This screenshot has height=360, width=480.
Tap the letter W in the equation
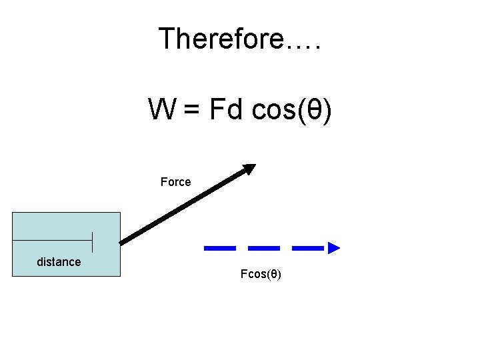click(x=162, y=109)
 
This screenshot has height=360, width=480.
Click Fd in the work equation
click(x=226, y=109)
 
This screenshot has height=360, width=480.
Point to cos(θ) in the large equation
click(x=291, y=110)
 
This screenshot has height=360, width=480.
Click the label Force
click(x=176, y=182)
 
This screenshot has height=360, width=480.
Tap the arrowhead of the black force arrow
click(x=249, y=168)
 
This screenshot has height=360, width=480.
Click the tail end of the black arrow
click(x=123, y=241)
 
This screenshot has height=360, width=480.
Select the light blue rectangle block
click(x=67, y=227)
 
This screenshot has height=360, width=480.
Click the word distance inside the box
click(x=59, y=262)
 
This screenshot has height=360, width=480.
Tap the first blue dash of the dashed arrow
click(x=219, y=248)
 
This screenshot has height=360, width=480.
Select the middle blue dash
click(x=264, y=248)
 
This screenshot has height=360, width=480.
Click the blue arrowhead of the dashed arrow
click(x=334, y=248)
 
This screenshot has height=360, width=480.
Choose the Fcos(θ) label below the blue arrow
click(x=261, y=275)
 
